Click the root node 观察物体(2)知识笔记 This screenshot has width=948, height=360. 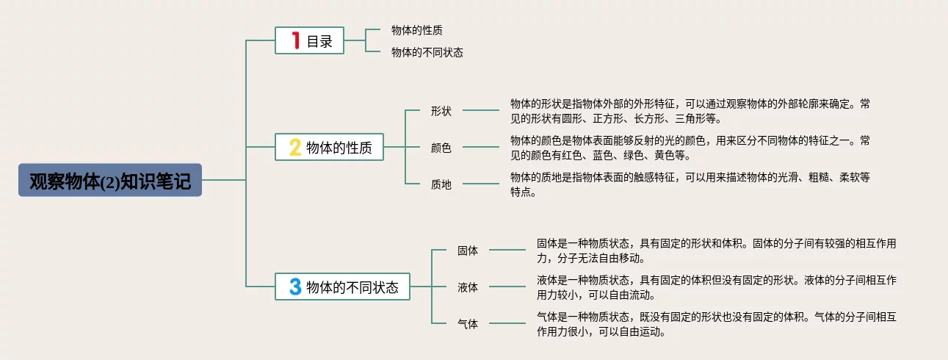point(110,180)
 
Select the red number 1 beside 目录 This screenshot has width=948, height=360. point(296,41)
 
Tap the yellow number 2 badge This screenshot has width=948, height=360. point(294,148)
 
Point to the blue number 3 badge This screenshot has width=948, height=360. point(294,287)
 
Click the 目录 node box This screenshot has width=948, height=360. point(309,41)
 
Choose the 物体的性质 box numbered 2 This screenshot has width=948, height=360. point(329,148)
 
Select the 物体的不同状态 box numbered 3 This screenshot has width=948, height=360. point(342,287)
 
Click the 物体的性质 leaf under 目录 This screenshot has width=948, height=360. point(416,30)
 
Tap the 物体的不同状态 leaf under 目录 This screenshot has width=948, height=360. point(427,52)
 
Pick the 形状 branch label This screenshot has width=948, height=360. point(441,111)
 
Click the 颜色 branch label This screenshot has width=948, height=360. point(441,148)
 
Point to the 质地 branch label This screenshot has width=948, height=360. point(441,184)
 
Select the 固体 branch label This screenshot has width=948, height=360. point(467,251)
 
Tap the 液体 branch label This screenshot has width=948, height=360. point(467,287)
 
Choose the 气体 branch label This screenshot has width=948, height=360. point(467,324)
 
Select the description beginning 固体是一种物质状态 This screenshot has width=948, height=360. point(716,250)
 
